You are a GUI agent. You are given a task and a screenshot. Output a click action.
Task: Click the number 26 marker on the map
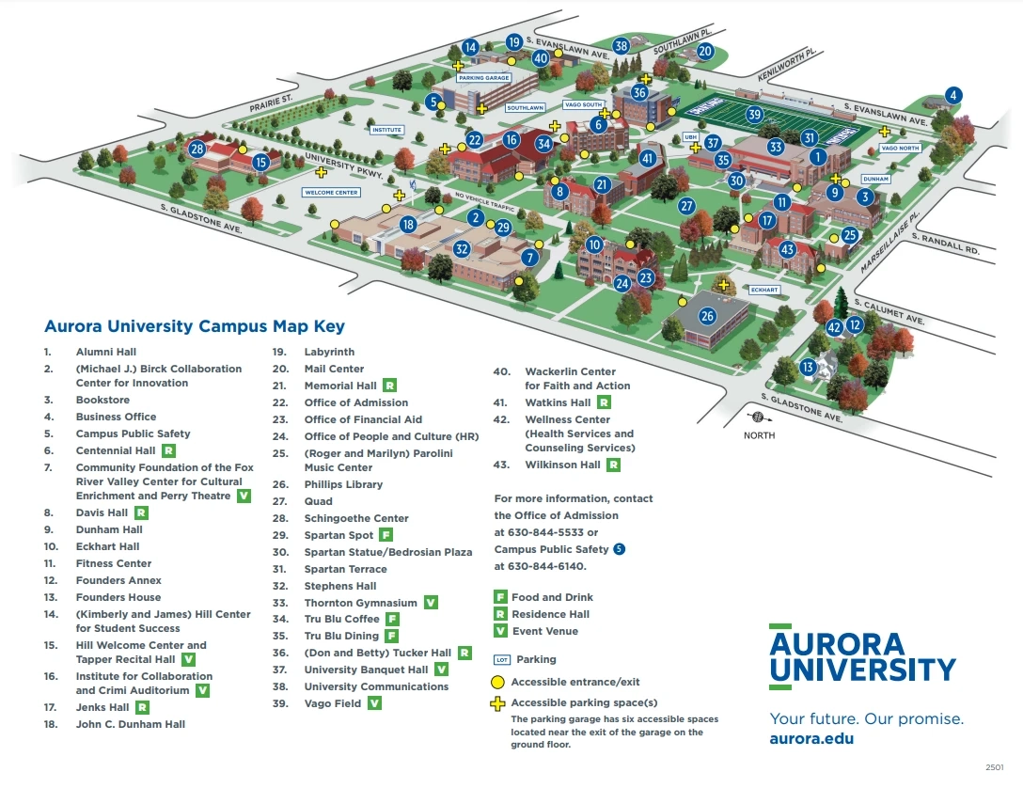tap(707, 315)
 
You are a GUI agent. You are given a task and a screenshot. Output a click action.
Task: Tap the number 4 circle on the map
tap(953, 94)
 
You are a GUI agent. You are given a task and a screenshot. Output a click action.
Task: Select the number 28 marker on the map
tap(197, 148)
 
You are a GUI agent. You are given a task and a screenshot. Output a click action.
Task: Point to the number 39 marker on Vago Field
tap(754, 115)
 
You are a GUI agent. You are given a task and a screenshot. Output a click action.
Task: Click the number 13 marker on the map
tap(808, 367)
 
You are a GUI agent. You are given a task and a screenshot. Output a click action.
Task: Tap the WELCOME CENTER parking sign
tap(331, 192)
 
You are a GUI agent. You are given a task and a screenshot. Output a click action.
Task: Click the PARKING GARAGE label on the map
tap(484, 79)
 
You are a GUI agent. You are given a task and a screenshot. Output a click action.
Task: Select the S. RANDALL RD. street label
tap(952, 245)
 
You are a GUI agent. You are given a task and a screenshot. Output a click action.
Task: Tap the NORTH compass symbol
tap(759, 418)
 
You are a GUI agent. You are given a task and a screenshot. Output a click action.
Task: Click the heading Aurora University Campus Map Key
tap(195, 327)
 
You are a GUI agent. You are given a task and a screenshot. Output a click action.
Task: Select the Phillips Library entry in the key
tap(343, 484)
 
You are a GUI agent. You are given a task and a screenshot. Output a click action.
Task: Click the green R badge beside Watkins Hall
tap(605, 402)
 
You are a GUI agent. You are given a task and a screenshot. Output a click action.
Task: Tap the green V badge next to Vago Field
tap(375, 703)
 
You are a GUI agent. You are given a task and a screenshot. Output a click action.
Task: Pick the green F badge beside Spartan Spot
tap(386, 535)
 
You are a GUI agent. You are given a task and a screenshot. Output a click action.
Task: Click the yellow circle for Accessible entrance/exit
tap(498, 682)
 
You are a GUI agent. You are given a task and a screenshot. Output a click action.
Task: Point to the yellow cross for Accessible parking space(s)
tap(498, 703)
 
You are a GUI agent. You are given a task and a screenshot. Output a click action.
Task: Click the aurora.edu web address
tap(811, 738)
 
